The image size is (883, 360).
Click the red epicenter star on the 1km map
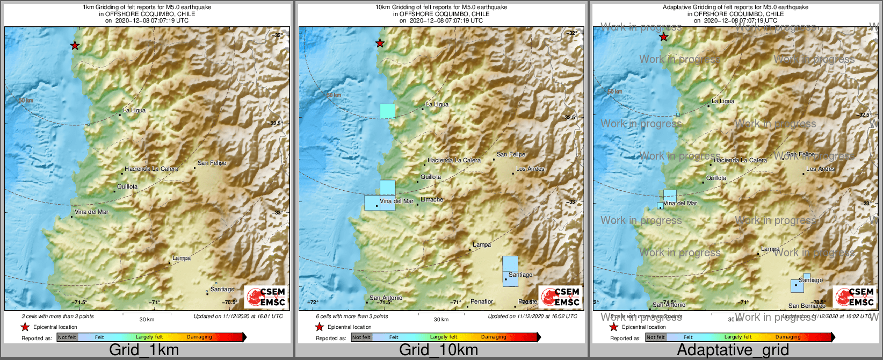pos(75,46)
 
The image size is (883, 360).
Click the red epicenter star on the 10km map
pos(380,43)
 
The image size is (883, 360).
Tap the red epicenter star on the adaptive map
pos(663,37)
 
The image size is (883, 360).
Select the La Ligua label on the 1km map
pos(134,110)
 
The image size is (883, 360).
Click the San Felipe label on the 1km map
pos(212,163)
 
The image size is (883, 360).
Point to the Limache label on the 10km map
pos(432,199)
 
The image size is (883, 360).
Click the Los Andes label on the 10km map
pos(530,169)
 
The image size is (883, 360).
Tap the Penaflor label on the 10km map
pos(482,301)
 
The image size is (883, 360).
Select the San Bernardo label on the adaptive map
pos(807,306)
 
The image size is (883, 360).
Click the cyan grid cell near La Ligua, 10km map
pos(387,111)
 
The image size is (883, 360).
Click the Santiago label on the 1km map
pos(222,289)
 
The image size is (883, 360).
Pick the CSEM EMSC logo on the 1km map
pos(265,297)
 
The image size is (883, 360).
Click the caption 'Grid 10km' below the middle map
pos(438,350)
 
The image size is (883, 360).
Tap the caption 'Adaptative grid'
pos(733,350)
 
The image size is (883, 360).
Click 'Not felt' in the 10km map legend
pos(361,337)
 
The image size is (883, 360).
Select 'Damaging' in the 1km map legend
pos(199,337)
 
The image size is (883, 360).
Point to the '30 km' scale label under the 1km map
pos(147,319)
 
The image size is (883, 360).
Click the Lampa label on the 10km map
pos(482,244)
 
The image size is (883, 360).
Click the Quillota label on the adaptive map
pos(716,178)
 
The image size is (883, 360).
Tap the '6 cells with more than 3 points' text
pos(352,316)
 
